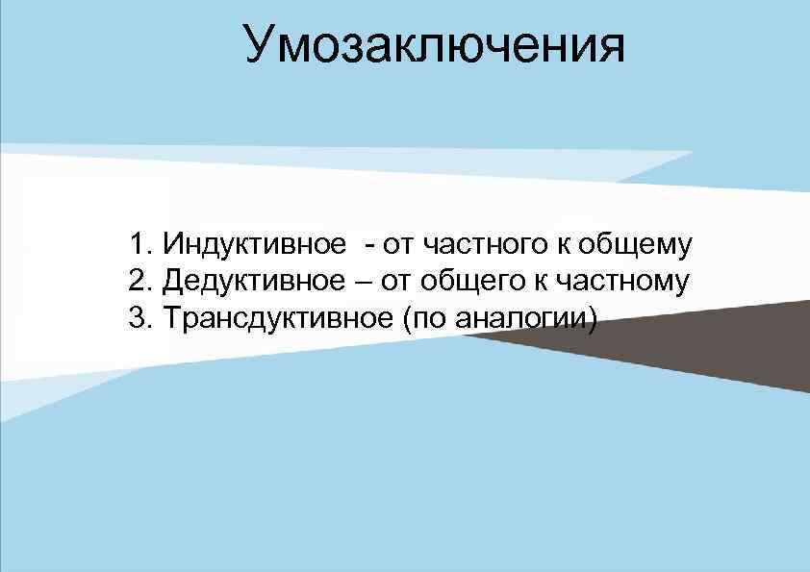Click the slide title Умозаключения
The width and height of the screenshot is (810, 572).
click(x=434, y=44)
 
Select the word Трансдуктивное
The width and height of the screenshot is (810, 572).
click(x=273, y=316)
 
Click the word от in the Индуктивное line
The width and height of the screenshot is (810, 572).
click(x=396, y=245)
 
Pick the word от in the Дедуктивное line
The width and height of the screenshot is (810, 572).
click(x=398, y=281)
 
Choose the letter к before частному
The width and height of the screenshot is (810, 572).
click(x=558, y=281)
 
